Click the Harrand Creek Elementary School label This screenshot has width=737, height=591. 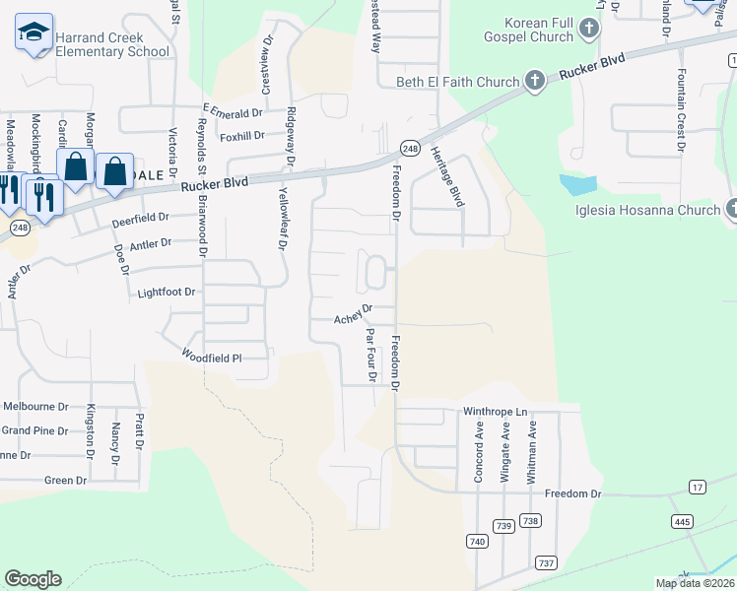(x=112, y=44)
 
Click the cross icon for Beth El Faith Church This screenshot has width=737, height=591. (x=535, y=81)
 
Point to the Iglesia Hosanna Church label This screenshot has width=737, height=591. (x=649, y=210)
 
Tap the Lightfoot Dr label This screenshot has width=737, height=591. (x=167, y=293)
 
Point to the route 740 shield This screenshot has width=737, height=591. (x=478, y=541)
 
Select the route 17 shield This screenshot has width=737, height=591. (x=698, y=488)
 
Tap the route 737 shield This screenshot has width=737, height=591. (x=547, y=562)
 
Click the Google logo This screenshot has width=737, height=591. (x=33, y=579)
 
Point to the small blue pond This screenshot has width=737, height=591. (x=577, y=184)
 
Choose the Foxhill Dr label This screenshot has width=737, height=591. (x=242, y=136)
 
